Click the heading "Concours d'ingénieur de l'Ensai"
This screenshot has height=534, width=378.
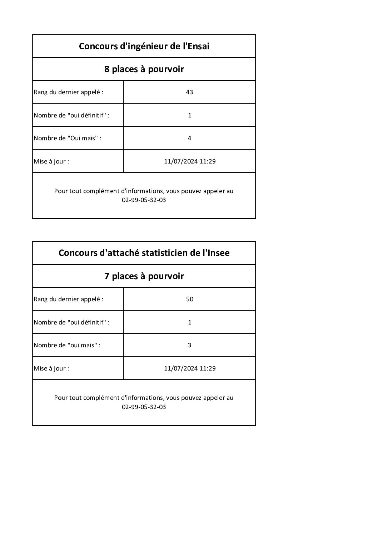click(144, 46)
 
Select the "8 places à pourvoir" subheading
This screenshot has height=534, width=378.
click(144, 69)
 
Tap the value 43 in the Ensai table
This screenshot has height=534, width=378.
click(189, 92)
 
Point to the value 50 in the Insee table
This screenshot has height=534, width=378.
click(189, 299)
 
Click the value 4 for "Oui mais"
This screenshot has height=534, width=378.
click(189, 138)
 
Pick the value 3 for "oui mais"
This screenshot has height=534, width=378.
click(189, 345)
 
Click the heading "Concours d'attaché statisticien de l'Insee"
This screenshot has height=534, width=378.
click(144, 253)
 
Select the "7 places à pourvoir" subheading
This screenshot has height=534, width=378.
click(144, 276)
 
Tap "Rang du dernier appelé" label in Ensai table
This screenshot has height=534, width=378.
click(68, 92)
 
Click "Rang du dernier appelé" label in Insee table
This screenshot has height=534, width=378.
click(68, 299)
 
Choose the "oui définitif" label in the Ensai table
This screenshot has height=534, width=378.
click(71, 115)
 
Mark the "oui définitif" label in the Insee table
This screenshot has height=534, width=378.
click(71, 322)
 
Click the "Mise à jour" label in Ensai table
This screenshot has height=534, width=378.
click(51, 161)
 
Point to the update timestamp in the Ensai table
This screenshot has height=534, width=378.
click(190, 161)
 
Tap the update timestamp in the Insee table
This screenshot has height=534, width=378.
click(190, 368)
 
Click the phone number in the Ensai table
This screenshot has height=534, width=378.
click(144, 200)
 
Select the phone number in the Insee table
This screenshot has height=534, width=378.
click(144, 407)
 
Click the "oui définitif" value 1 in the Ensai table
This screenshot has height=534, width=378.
click(189, 115)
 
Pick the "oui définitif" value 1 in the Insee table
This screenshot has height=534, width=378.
click(189, 322)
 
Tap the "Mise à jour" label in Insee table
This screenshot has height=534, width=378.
click(51, 368)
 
